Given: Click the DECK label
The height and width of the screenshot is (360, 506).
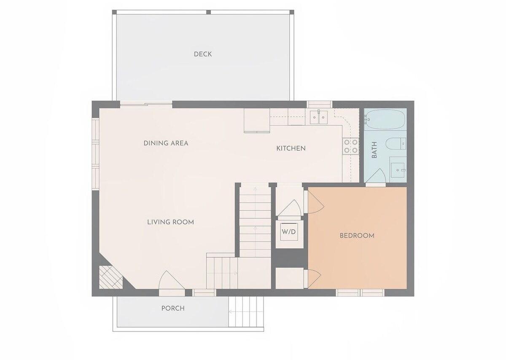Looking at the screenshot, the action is click(203, 54).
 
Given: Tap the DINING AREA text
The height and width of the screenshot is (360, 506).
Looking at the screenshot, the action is click(166, 143).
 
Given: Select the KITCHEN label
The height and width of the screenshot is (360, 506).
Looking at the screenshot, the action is click(291, 148).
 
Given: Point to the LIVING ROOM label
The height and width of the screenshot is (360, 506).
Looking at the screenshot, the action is click(170, 222).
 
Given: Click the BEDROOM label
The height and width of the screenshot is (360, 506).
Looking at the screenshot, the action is click(357, 236).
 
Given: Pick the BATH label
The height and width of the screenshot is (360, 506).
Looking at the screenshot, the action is click(374, 150).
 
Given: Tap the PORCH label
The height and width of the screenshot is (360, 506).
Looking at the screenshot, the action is click(173, 308).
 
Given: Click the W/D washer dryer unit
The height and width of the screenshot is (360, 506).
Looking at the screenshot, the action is click(289, 232).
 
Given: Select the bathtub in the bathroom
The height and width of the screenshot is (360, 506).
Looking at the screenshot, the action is click(385, 119).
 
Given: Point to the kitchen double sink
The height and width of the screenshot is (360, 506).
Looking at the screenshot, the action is click(318, 118).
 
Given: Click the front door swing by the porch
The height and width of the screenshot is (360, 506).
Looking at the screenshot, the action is click(172, 280).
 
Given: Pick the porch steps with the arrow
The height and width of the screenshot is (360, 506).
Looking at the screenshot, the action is click(246, 312).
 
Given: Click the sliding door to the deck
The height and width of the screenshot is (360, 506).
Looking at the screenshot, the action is click(146, 105).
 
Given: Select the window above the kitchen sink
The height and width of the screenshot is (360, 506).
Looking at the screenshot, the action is click(320, 105).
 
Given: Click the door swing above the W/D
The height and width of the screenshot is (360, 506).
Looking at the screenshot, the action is click(289, 208).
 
